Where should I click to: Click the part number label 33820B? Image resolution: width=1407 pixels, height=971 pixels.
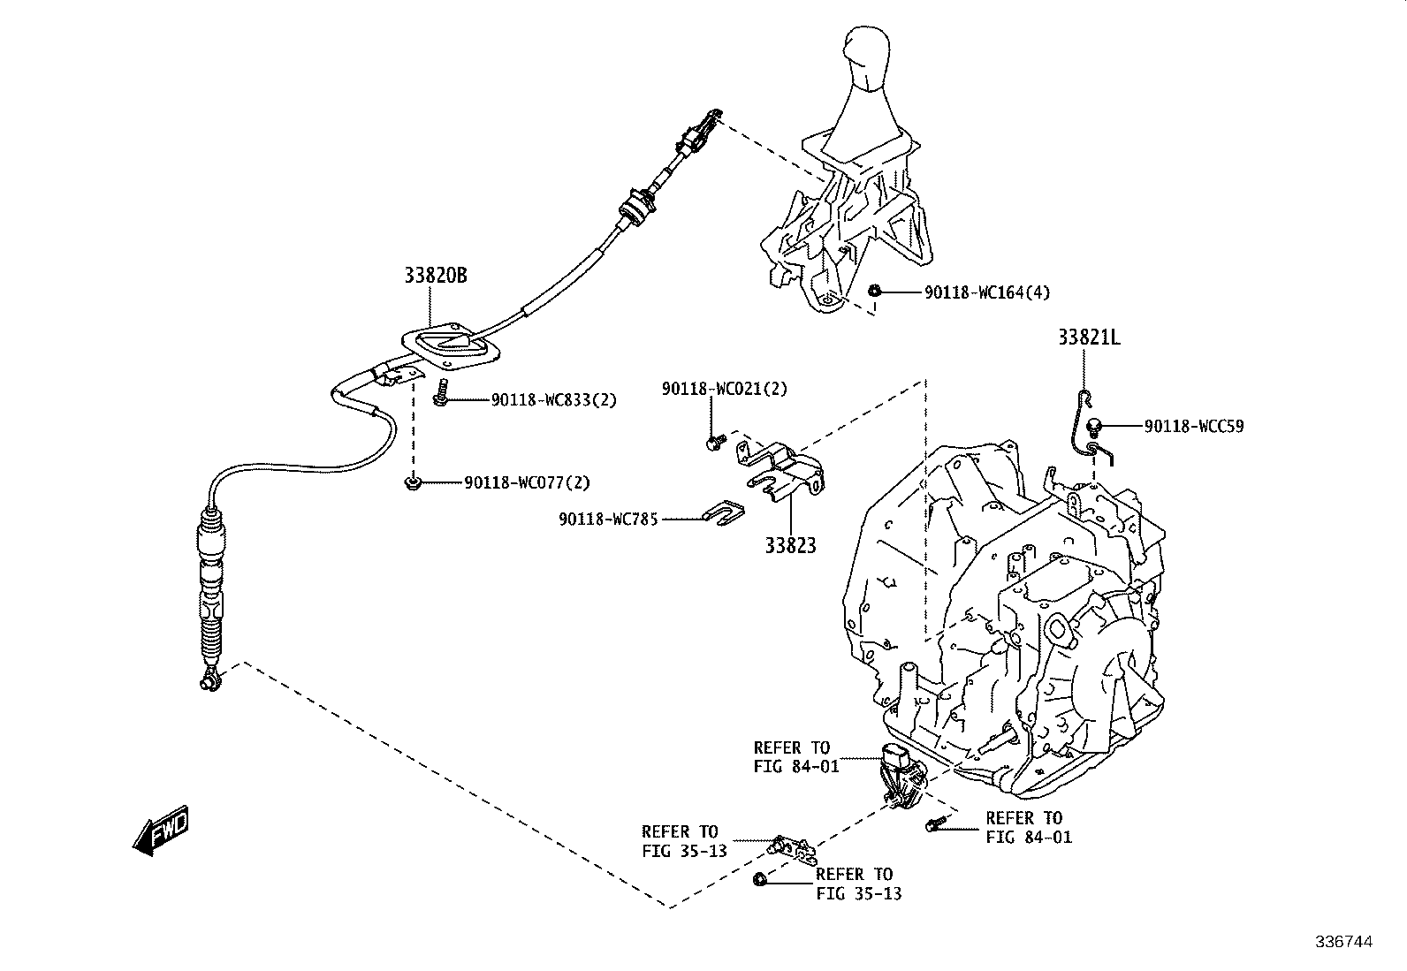pos(436,275)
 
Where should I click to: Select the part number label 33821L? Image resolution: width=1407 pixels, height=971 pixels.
pos(1089,338)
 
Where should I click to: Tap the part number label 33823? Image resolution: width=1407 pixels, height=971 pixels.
pos(790,545)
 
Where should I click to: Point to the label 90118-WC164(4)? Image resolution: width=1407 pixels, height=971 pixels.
pos(987,292)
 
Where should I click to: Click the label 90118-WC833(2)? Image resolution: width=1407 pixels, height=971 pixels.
pos(554,399)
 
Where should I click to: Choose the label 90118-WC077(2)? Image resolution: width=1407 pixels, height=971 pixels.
pos(527,482)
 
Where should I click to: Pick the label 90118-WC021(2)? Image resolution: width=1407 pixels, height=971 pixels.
pos(724,389)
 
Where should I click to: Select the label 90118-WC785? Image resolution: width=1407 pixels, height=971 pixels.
pos(608,520)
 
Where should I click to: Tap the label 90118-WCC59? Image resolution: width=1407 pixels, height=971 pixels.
pos(1193,427)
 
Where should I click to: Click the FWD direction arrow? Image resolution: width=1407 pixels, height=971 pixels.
pos(161,831)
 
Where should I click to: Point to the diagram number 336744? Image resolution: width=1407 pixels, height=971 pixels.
pos(1344,942)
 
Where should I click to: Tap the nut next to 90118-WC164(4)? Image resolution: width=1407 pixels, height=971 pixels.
pos(874,291)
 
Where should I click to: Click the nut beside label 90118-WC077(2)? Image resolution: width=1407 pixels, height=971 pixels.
pos(412,482)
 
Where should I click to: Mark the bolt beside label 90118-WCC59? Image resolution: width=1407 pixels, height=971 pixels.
pos(1094,427)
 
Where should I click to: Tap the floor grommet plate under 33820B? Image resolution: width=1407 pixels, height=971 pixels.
pos(451,346)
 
